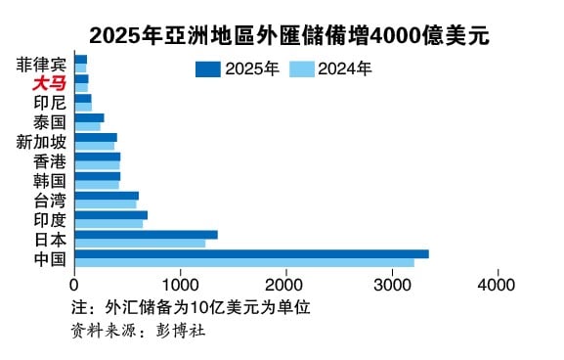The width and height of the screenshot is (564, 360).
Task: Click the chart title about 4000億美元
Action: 289,35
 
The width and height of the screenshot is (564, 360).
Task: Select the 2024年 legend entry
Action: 330,68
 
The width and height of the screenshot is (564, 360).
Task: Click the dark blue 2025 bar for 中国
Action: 251,253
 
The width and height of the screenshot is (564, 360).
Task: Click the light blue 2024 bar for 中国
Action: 244,262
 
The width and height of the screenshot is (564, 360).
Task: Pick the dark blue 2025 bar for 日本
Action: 146,234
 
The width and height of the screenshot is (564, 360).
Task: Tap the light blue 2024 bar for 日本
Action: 140,243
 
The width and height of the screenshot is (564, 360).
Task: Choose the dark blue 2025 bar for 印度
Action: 110,214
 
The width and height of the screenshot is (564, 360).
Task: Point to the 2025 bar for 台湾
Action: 107,196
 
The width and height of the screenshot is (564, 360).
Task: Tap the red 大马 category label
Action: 49,83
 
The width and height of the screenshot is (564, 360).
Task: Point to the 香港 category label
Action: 50,161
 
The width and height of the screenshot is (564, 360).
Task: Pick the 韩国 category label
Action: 50,181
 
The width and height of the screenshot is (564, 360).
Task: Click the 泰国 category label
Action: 50,122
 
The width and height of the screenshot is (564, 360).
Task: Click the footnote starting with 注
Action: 191,307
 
